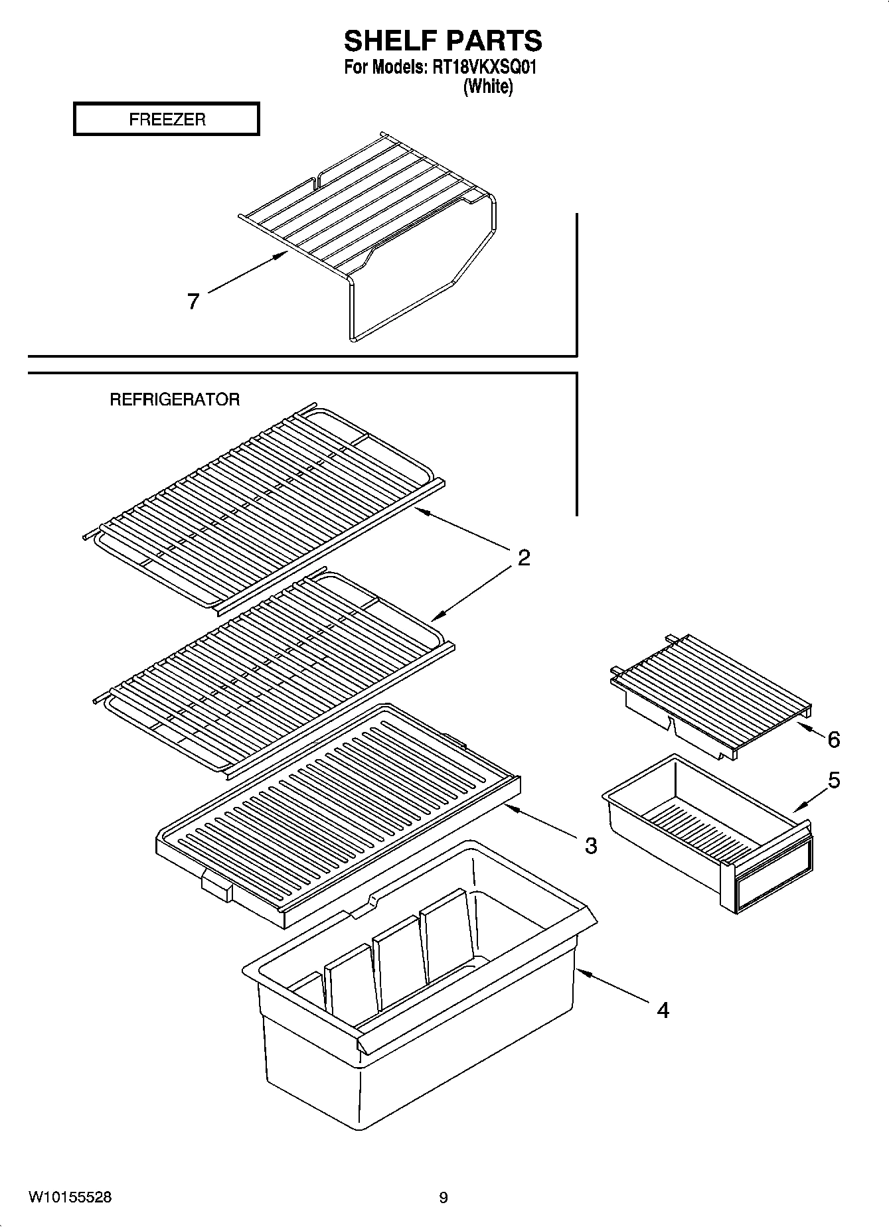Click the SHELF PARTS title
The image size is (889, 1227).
[x=443, y=41]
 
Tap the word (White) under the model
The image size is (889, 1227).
[x=488, y=86]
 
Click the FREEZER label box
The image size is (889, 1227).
[x=166, y=119]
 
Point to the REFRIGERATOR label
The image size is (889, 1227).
[x=175, y=399]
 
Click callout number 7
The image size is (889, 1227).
[x=193, y=302]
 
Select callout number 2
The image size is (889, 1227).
[x=524, y=557]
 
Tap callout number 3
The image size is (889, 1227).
[x=590, y=845]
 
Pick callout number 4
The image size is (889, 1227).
[x=662, y=1010]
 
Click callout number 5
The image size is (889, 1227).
[x=834, y=780]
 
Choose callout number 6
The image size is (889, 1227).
[x=834, y=739]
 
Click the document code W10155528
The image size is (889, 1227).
[x=70, y=1197]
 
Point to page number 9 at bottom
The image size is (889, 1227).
[x=444, y=1198]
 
